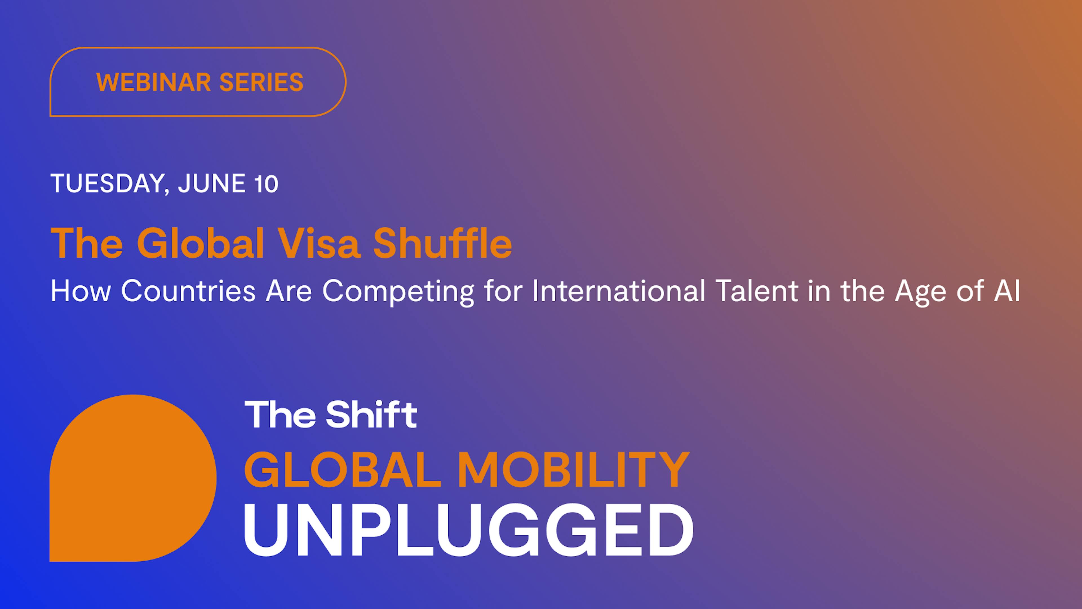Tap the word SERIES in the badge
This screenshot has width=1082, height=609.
tap(261, 82)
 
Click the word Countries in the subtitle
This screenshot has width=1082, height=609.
tap(188, 291)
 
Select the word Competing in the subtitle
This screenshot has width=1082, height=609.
tap(398, 292)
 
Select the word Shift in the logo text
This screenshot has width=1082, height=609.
tap(371, 415)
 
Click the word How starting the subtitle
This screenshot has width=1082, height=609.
tap(81, 291)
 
